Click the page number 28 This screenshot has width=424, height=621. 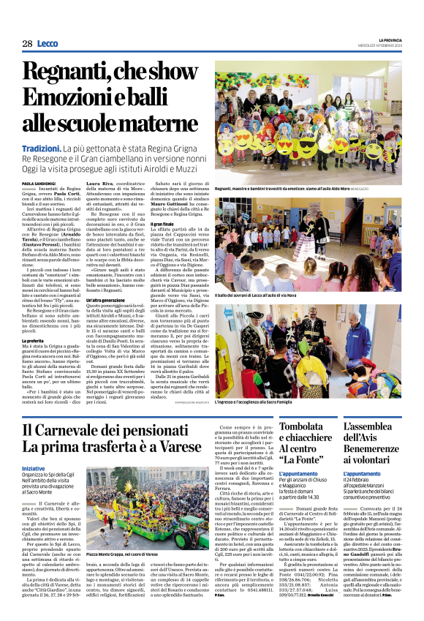pos(27,44)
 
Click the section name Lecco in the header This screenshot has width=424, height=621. pos(48,44)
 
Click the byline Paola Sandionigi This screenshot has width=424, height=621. pos(39,183)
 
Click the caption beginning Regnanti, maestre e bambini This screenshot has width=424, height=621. pos(270,189)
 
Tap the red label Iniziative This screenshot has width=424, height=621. pos(33,468)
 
